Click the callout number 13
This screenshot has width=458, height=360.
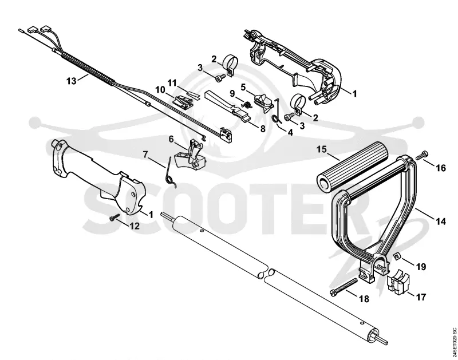point(71,81)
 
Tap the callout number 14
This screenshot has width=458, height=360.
point(441,221)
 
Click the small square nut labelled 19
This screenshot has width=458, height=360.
point(396,257)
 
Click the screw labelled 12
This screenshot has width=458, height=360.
point(115,217)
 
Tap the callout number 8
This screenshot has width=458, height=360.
point(262,128)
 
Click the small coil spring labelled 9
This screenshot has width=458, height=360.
point(247,105)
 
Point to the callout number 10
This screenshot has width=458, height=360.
point(160,90)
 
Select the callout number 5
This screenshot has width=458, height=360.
point(243,87)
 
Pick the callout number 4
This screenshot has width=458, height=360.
point(290,132)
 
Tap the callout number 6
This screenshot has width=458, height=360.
point(171,139)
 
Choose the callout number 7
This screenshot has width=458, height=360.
point(145,154)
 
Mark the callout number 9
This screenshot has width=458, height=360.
point(232,93)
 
